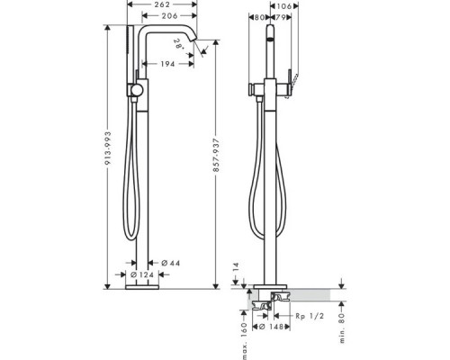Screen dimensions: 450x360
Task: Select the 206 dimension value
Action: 169,15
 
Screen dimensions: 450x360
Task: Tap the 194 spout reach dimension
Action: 167,64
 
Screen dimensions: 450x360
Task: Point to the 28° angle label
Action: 179,44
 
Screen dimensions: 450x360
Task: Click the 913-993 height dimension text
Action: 108,148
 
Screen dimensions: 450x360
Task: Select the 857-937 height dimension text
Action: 216,155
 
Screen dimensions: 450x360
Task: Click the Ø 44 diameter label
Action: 171,263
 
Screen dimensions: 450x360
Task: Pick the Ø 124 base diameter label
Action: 142,274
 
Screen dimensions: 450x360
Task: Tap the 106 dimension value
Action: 284,6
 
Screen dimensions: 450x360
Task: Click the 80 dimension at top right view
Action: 259,18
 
